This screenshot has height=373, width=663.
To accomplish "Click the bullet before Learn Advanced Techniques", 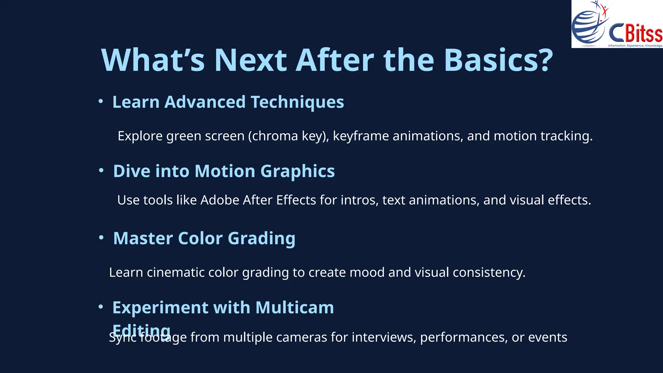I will tap(101, 102).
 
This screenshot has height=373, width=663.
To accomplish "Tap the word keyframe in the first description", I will tap(361, 136).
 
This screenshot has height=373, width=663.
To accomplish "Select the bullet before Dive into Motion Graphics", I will tap(101, 170).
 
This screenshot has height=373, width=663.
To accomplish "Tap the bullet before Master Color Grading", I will tap(101, 238).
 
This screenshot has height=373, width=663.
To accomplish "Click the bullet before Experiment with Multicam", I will tap(101, 306).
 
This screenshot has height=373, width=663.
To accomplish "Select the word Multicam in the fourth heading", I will tap(294, 307).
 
